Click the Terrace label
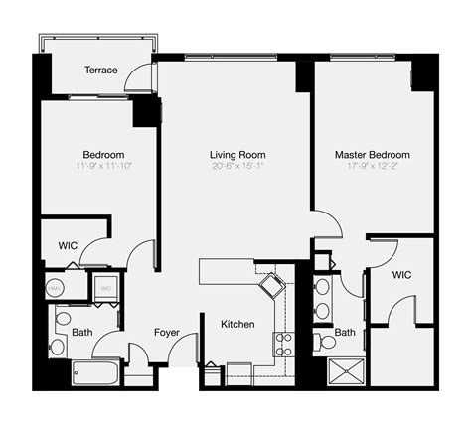[x=101, y=71]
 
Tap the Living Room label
[x=237, y=156]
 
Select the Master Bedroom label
[x=373, y=156]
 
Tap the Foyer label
[x=166, y=333]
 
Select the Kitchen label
[x=237, y=325]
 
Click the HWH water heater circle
[x=57, y=288]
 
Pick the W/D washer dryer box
[x=104, y=289]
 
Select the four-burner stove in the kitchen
[x=283, y=345]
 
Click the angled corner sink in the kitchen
[x=271, y=286]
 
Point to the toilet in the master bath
[x=325, y=343]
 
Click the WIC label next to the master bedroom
[x=401, y=274]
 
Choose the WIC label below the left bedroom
[x=69, y=245]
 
